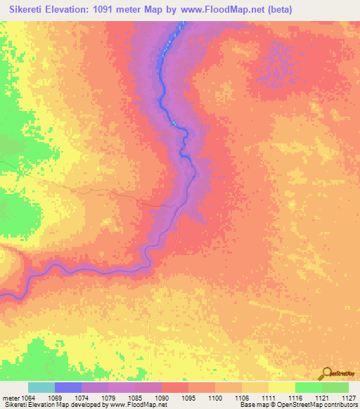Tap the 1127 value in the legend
point(349,397)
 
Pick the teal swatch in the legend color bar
point(41,387)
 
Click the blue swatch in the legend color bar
point(68,387)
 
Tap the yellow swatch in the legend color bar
point(281,387)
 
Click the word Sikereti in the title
point(25,10)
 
